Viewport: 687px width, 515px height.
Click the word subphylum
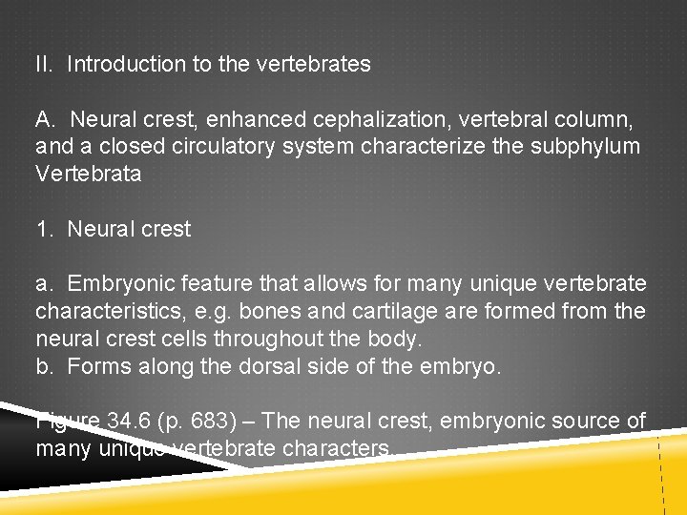tap(593, 147)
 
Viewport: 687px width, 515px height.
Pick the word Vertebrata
tap(88, 175)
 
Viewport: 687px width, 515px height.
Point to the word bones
tap(270, 312)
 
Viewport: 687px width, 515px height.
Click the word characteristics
tap(104, 312)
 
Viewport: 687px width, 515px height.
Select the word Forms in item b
tap(95, 366)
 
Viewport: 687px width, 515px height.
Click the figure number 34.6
tap(124, 421)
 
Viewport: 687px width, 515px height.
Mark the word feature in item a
tap(205, 284)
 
